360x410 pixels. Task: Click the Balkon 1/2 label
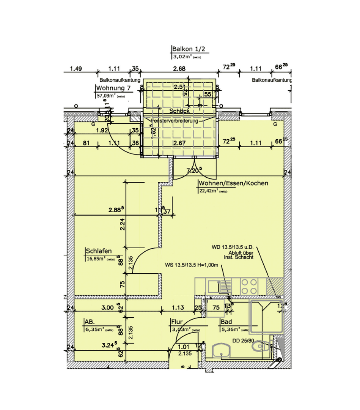tap(190, 49)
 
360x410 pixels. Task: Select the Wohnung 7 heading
tap(113, 89)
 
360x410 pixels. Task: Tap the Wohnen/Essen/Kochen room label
tap(233, 183)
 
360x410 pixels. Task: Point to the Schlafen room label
tap(99, 251)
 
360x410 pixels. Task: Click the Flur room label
tap(177, 322)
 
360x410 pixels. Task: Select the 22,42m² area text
tap(208, 191)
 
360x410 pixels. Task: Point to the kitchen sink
tap(214, 286)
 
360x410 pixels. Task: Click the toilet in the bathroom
tap(264, 346)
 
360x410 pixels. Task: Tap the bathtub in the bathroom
tap(266, 317)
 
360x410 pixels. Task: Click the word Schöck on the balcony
tap(179, 111)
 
